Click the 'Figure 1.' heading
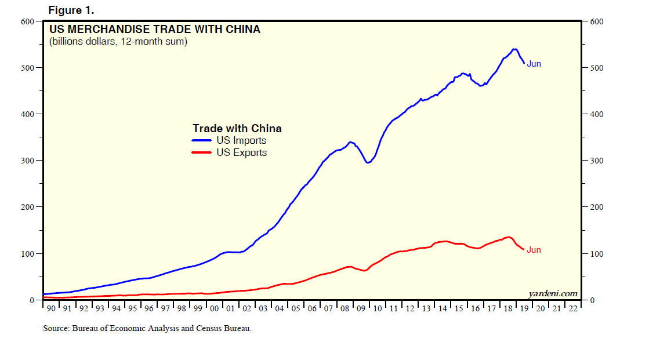point(71,10)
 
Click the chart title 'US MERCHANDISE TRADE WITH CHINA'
point(154,29)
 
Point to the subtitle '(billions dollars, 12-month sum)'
point(118,42)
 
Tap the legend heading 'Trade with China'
point(237,128)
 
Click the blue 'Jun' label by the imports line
point(534,64)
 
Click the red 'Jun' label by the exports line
point(534,250)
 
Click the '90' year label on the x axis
point(51,308)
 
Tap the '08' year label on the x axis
point(346,308)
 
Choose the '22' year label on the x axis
point(573,308)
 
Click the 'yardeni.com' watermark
point(553,293)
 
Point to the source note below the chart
point(147,329)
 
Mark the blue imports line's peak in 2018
point(514,49)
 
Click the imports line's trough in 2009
point(367,162)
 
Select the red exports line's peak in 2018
point(508,237)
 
